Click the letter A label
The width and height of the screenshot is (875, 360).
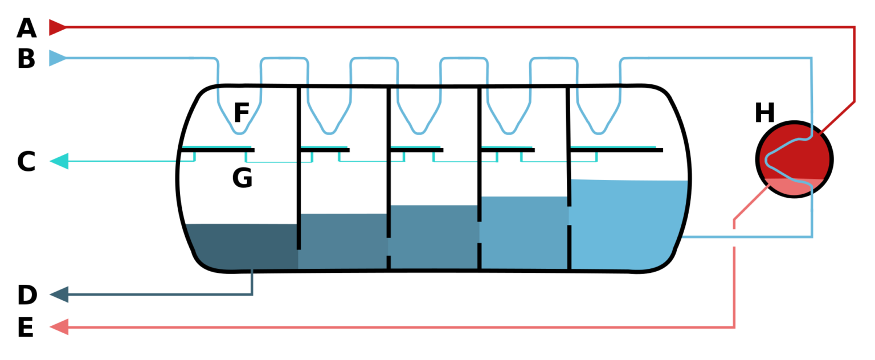pos(27,28)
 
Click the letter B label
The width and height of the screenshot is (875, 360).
pos(27,59)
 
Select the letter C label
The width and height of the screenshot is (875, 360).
pos(27,161)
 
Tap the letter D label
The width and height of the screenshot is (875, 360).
pos(27,295)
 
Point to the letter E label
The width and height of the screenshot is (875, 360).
pos(26,327)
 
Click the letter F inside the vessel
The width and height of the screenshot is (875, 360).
pos(242,112)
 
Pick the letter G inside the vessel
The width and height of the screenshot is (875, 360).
pos(242,178)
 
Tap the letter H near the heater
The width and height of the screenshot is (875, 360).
pos(764,113)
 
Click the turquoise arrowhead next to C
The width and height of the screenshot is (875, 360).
pos(59,161)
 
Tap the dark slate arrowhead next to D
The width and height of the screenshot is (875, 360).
pos(59,294)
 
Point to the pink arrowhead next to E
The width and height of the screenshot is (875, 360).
pos(59,327)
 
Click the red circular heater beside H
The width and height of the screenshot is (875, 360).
pos(794,159)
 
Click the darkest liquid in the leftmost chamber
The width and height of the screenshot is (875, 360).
pos(242,247)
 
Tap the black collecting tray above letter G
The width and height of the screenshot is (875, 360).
pos(218,150)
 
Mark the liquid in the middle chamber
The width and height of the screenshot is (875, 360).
pos(434,238)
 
